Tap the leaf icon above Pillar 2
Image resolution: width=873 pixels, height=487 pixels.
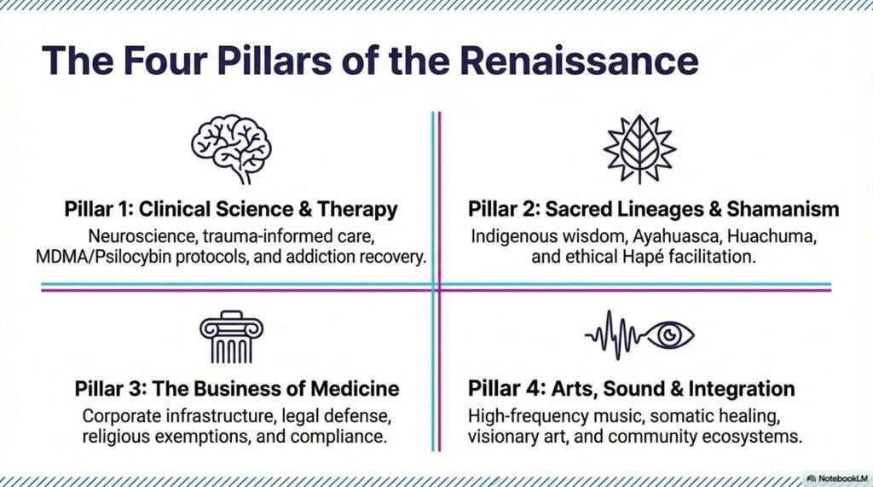[639, 149]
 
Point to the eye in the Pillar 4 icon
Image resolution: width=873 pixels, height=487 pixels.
[670, 334]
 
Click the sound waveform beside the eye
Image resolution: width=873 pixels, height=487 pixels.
[615, 334]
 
